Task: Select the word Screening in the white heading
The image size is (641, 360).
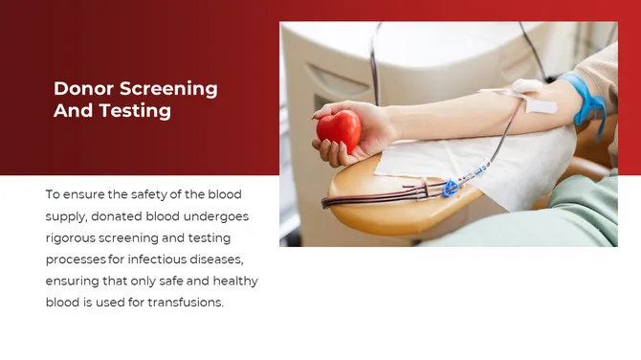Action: click(168, 89)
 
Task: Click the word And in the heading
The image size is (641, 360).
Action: click(72, 111)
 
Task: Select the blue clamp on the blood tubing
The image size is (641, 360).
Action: click(450, 188)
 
